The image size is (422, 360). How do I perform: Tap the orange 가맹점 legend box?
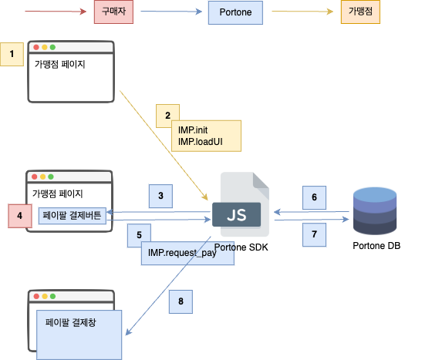tap(360, 13)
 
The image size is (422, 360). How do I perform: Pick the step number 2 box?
tap(167, 116)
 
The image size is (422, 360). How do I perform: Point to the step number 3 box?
tap(160, 196)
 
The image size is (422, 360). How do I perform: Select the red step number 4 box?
tap(19, 215)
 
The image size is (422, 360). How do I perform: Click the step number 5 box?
tap(139, 234)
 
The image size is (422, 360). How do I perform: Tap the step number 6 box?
tap(314, 197)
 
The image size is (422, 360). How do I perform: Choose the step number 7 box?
tap(314, 233)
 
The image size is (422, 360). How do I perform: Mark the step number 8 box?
tap(181, 301)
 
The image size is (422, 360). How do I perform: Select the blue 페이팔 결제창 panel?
tap(79, 333)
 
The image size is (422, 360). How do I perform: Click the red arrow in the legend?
tap(54, 13)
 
